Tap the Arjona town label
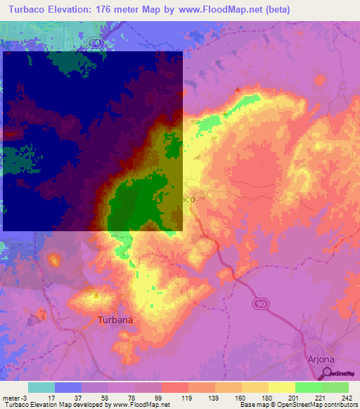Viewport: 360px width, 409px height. pyautogui.click(x=322, y=358)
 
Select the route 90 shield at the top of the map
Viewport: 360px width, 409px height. pyautogui.click(x=96, y=43)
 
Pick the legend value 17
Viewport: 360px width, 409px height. pyautogui.click(x=44, y=397)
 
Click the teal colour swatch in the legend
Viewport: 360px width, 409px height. pyautogui.click(x=41, y=387)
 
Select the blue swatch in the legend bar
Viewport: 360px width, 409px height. pyautogui.click(x=68, y=387)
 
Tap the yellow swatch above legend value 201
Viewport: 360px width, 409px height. pyautogui.click(x=281, y=387)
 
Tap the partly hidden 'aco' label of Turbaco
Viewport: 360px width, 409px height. pyautogui.click(x=188, y=200)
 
